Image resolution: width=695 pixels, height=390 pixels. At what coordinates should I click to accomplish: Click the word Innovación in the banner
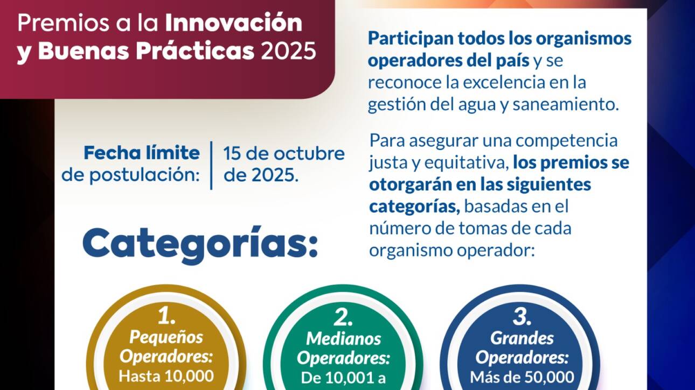coord(233,23)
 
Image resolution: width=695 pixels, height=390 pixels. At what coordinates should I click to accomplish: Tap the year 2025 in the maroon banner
coord(289,51)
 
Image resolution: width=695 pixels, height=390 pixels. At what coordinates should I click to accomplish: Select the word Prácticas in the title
coord(195,51)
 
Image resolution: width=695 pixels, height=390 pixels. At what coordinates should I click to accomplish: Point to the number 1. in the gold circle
coord(166,317)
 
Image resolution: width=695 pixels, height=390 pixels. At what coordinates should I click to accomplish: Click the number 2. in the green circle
coord(343,317)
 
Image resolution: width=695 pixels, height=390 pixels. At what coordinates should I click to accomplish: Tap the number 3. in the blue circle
coord(522,317)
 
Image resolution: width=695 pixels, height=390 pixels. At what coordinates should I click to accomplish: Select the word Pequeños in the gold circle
coord(166,337)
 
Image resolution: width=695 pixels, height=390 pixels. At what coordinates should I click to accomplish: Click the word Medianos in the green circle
coord(344,338)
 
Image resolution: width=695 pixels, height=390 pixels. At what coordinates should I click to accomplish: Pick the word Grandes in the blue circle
coord(522,338)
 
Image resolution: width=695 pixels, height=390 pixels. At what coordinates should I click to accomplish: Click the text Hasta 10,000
coord(166,376)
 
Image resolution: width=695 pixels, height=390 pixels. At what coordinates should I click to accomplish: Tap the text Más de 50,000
coord(522,377)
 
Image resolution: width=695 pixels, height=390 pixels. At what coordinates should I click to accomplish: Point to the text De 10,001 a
coord(343,378)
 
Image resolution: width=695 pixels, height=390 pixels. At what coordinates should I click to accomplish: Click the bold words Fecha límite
coord(142,153)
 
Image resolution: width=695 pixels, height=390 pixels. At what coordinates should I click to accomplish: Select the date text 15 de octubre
coord(284,153)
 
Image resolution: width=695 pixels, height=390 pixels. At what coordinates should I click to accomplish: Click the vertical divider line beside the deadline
coord(212,166)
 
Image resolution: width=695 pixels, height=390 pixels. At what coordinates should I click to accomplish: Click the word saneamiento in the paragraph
coord(566,104)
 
